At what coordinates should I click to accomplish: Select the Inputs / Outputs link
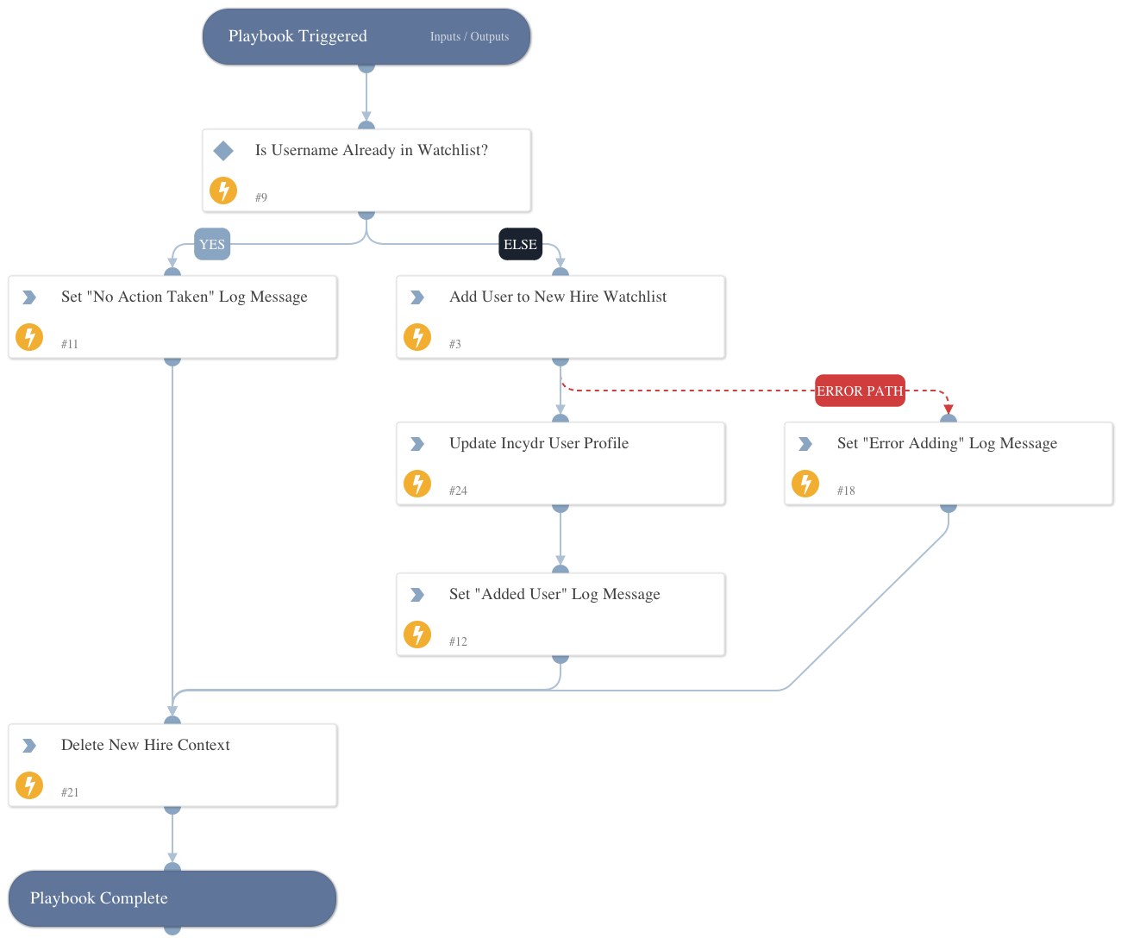point(469,37)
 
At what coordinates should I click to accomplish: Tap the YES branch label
point(212,245)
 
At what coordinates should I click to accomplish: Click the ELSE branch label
point(520,245)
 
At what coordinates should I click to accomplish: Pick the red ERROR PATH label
point(860,391)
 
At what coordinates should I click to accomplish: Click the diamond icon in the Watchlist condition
point(223,151)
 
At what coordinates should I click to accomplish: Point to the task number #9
point(261,197)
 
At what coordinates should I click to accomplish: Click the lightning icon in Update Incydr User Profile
point(417,484)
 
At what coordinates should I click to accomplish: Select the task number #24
point(458,491)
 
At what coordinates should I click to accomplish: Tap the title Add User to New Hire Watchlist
point(558,297)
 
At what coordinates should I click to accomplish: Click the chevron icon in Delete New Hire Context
point(29,746)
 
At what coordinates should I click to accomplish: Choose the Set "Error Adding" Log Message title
point(947,443)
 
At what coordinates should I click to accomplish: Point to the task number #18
point(846,491)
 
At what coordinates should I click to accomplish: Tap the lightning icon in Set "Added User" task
point(417,635)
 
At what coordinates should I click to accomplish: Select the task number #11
point(70,344)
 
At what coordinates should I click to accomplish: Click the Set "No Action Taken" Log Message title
point(184,297)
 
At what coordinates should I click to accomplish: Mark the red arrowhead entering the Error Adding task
point(949,409)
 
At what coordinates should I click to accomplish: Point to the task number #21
point(70,792)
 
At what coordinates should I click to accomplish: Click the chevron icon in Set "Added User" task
point(417,595)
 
